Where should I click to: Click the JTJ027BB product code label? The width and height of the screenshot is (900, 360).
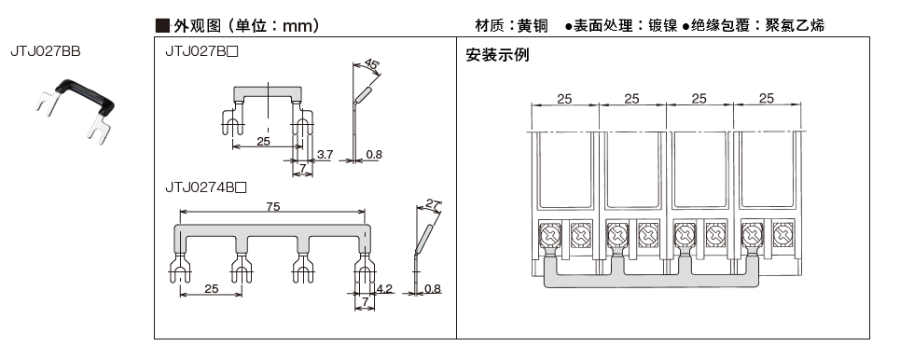point(46,51)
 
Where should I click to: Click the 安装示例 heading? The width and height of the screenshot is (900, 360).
point(498,55)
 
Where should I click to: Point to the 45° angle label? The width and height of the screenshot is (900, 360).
point(371,65)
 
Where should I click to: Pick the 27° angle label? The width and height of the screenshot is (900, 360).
point(433,203)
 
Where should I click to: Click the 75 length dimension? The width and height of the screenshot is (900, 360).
point(273,207)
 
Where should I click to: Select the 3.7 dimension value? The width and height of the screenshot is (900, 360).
point(325,155)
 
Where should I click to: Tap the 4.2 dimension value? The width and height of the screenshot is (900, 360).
point(384,289)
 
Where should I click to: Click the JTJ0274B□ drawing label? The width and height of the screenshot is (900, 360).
point(206,187)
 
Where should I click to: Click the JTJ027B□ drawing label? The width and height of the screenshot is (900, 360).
point(201,51)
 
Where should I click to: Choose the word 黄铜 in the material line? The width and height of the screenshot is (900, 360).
point(533,26)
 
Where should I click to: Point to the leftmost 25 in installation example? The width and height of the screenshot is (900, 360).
point(565,99)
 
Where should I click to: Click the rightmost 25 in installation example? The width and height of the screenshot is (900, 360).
point(767,99)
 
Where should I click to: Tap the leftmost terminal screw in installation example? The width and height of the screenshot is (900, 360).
point(550,235)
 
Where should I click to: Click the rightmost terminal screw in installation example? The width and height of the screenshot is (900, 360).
point(782,235)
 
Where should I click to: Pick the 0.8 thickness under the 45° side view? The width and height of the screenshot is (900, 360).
point(374,155)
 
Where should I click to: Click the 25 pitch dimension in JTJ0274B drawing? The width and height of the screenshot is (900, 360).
point(211,289)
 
